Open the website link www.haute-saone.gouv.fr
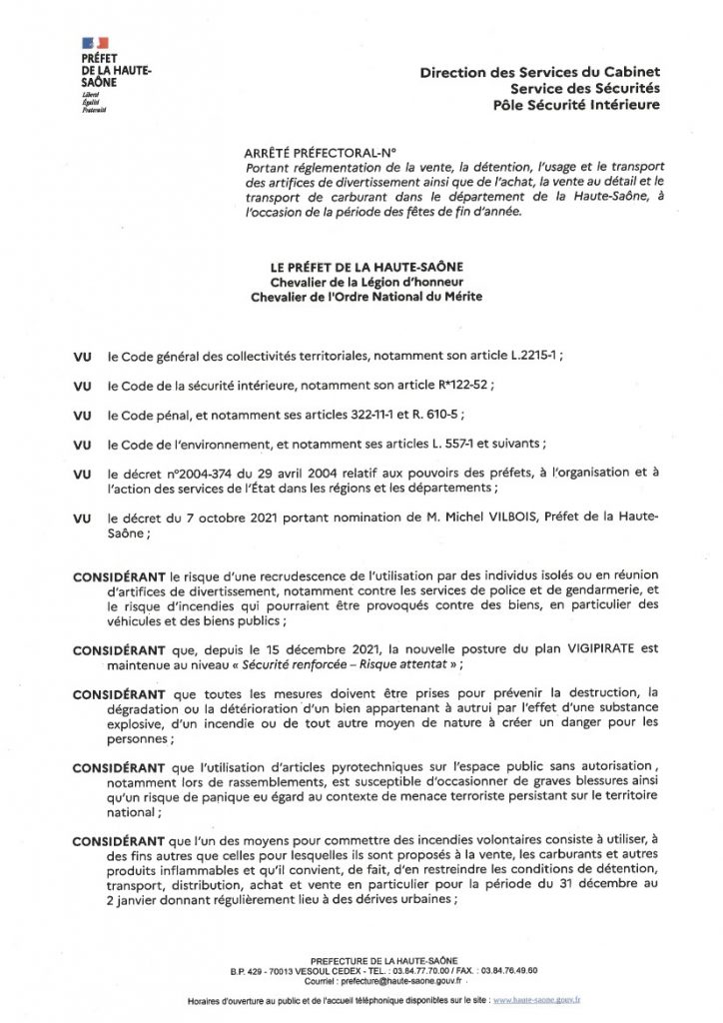pyautogui.click(x=539, y=1000)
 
